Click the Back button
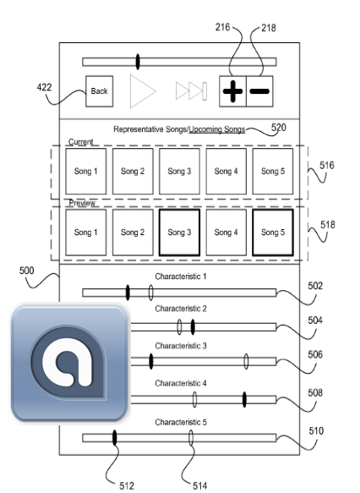coord(99,91)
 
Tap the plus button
coord(232,91)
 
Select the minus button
coord(259,91)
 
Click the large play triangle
coord(143,91)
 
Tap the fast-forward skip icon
coord(191,91)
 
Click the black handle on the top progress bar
coord(138,62)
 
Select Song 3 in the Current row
coord(179,172)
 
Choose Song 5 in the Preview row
coord(273,233)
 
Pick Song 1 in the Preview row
coord(85,233)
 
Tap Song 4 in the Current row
coord(226,172)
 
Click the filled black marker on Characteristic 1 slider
coord(128,293)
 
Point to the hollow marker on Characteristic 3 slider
coord(246,361)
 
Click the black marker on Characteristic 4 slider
coord(244,400)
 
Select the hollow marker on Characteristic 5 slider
coord(191,438)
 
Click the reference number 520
coord(279,128)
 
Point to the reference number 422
coord(44,87)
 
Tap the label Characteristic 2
coord(181,309)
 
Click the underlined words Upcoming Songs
coord(216,129)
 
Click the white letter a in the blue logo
coord(67,362)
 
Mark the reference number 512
coord(127,485)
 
